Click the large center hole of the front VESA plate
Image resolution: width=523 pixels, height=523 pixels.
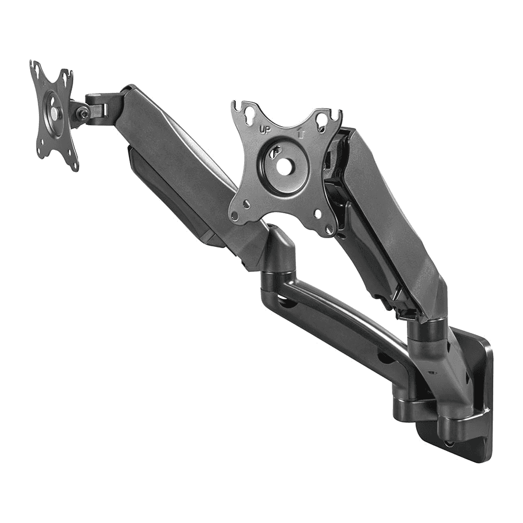tap(285, 166)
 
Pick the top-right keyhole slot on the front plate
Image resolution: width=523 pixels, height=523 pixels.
tap(320, 121)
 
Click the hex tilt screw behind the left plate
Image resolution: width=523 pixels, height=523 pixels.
tap(84, 113)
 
